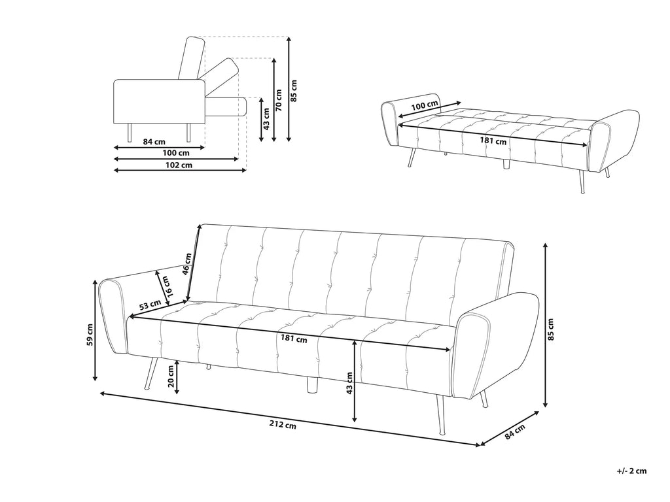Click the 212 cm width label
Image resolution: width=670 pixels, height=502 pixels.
coord(283,426)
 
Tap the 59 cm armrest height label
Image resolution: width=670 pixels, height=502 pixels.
coord(90,337)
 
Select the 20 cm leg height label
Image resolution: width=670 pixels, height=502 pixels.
coord(171,377)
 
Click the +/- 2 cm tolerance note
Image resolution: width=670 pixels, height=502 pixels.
coord(631,470)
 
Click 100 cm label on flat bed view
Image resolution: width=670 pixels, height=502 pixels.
coord(425,106)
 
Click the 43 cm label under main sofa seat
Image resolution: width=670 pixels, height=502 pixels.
coord(349,383)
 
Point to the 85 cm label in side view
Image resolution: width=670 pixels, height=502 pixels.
coord(294,90)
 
